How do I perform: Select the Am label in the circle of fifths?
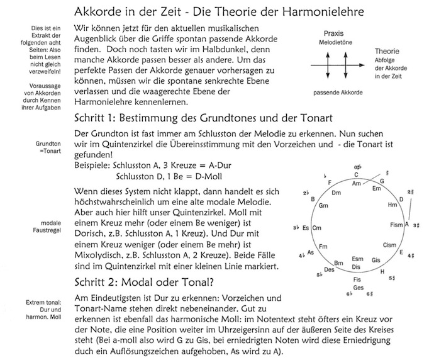357,183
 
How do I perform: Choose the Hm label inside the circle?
392,205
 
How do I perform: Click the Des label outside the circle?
329,269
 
